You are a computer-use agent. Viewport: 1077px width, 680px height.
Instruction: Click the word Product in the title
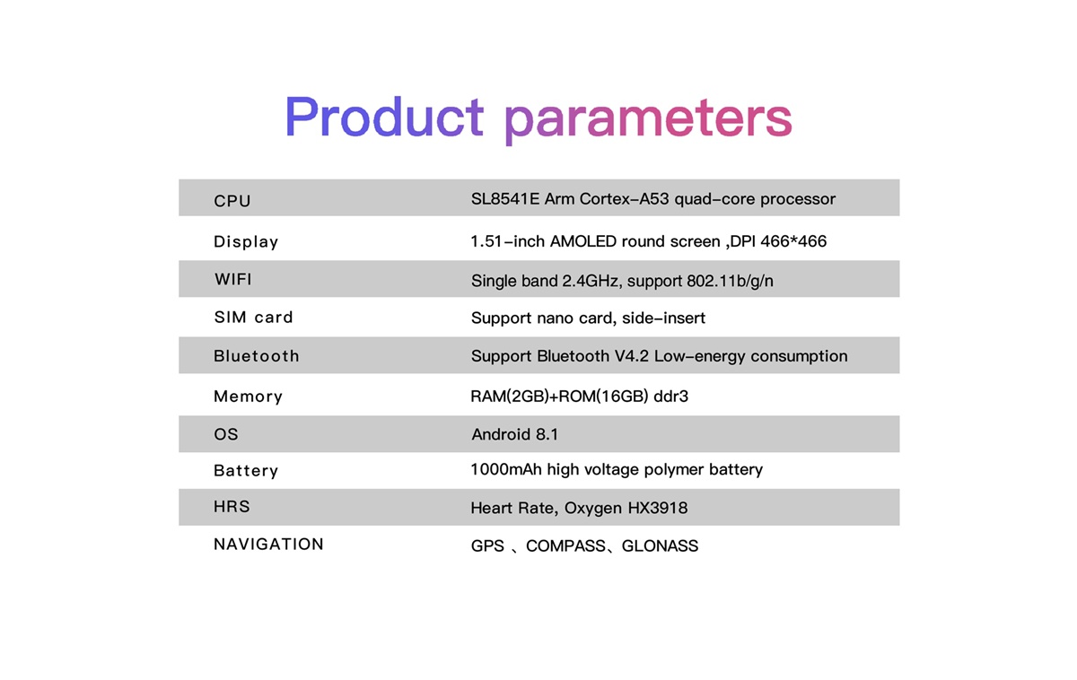click(x=384, y=117)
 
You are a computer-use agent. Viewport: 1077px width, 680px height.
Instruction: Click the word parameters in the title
click(x=648, y=121)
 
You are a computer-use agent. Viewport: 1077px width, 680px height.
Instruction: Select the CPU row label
click(x=232, y=201)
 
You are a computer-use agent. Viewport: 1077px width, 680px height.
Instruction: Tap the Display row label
click(x=246, y=241)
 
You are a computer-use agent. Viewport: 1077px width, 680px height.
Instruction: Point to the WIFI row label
click(x=233, y=279)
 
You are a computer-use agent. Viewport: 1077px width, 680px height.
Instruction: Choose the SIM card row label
click(x=253, y=318)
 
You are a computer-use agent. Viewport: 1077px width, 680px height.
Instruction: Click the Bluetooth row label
click(x=257, y=356)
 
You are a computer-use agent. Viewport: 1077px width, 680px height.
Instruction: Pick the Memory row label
click(x=248, y=397)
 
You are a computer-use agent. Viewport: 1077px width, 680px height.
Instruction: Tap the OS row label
click(x=226, y=434)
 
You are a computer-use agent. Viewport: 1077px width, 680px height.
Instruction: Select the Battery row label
click(x=246, y=470)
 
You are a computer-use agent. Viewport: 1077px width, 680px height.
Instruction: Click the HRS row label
click(x=232, y=507)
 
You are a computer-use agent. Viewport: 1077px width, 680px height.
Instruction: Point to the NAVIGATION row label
click(x=268, y=544)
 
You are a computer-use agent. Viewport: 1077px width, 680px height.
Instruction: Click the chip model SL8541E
click(x=505, y=198)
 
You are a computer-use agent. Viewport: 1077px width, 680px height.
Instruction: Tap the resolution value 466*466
click(x=793, y=240)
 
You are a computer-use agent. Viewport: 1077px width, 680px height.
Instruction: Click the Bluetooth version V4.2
click(x=632, y=356)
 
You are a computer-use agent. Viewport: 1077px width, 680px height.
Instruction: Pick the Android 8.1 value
click(x=514, y=434)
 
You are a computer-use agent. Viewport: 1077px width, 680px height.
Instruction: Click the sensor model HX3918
click(x=658, y=508)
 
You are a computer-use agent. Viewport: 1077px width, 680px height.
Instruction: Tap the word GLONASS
click(x=660, y=546)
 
